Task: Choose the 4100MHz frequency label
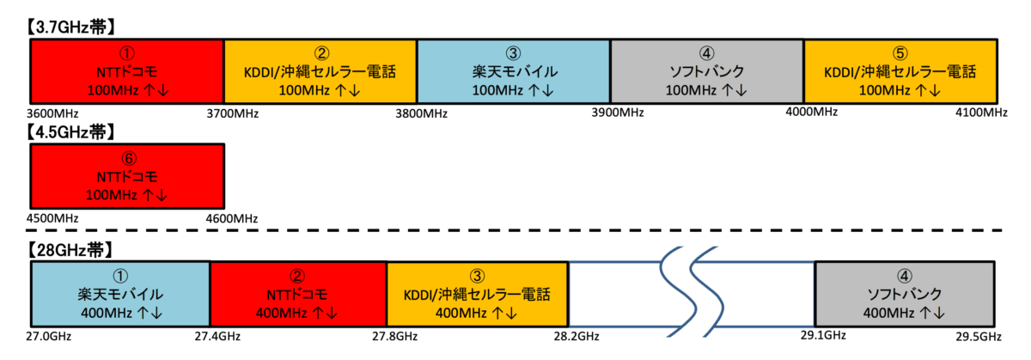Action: [x=979, y=113]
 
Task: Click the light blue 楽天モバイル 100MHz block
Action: [x=514, y=71]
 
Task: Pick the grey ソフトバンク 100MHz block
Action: [x=707, y=71]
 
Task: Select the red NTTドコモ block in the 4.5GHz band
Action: [x=127, y=176]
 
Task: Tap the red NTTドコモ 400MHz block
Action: [x=298, y=294]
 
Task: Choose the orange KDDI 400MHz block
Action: [x=477, y=294]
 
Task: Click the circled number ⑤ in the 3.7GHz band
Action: [x=900, y=53]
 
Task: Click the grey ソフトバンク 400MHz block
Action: [x=904, y=294]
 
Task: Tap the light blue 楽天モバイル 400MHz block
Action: [x=120, y=294]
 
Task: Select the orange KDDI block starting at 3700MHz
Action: [x=320, y=71]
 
